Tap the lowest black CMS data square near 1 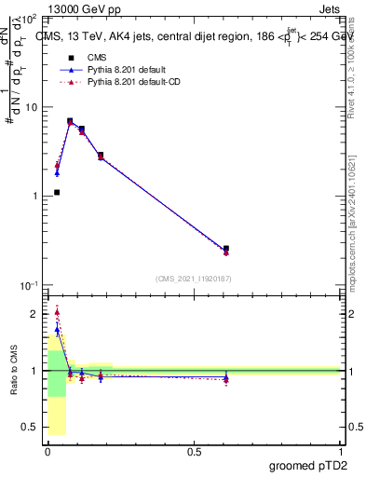(57, 192)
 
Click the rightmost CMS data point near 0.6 (226, 249)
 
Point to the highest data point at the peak (70, 121)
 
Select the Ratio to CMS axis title (14, 371)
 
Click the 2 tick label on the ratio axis (34, 314)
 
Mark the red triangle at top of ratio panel (57, 312)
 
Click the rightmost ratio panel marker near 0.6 (226, 378)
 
